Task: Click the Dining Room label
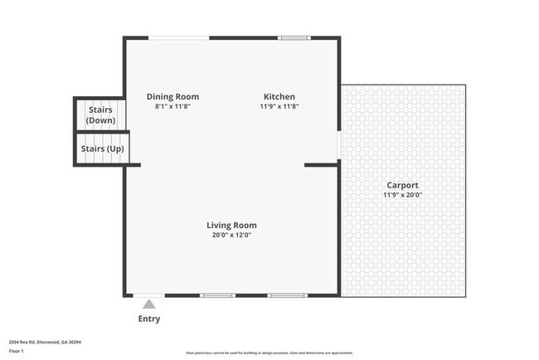(x=172, y=96)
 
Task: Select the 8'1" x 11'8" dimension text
(x=172, y=106)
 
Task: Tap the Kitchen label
(x=279, y=96)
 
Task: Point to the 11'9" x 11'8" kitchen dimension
(x=279, y=106)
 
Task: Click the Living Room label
(x=231, y=225)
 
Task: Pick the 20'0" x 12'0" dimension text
(x=231, y=235)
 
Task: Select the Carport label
(x=402, y=185)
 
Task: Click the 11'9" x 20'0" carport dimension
(x=402, y=195)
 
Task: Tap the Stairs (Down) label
(x=100, y=114)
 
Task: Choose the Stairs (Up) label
(x=102, y=149)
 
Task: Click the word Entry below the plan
(x=149, y=319)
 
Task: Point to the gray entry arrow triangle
(x=149, y=304)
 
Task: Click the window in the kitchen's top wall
(x=293, y=37)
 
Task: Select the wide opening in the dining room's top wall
(x=178, y=37)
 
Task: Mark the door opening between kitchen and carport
(x=338, y=144)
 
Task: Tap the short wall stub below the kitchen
(x=321, y=164)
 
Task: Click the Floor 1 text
(x=17, y=351)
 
